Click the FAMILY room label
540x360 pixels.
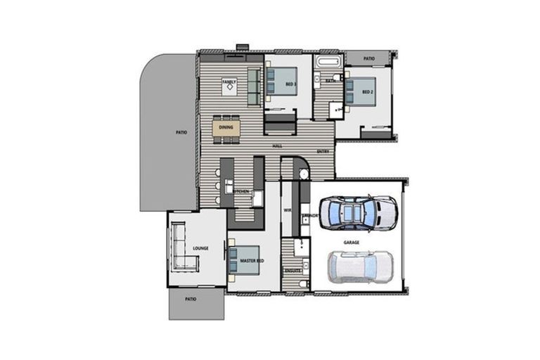click(x=229, y=82)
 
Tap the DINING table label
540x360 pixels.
click(x=226, y=127)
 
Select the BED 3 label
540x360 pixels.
click(x=290, y=85)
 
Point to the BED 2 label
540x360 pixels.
click(x=367, y=91)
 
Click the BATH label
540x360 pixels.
click(x=330, y=82)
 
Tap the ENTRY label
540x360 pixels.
click(x=323, y=151)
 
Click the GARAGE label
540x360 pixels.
click(x=352, y=243)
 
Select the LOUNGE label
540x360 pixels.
click(x=200, y=248)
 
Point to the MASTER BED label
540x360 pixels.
click(x=251, y=261)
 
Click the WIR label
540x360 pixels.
click(x=287, y=210)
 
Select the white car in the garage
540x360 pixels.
click(x=356, y=266)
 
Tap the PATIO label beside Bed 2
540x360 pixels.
click(x=369, y=58)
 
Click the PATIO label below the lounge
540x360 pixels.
click(x=191, y=299)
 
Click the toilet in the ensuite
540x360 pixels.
click(x=302, y=283)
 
